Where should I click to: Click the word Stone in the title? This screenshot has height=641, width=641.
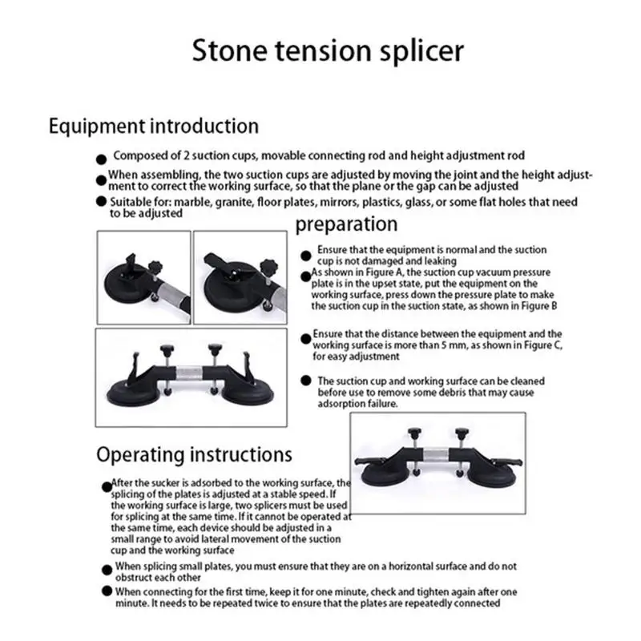(x=229, y=50)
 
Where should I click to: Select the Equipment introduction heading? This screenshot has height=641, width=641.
(x=154, y=127)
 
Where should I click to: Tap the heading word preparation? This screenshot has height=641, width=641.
(x=346, y=224)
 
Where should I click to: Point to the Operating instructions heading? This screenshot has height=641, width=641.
(x=194, y=454)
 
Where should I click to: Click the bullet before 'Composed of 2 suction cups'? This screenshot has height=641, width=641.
(x=101, y=159)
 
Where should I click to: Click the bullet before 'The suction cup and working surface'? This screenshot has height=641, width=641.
(x=306, y=381)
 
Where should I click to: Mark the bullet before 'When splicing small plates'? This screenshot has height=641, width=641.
(x=107, y=570)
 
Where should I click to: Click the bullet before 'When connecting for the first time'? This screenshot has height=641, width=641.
(x=107, y=591)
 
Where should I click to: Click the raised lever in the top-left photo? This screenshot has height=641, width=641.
(x=131, y=264)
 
